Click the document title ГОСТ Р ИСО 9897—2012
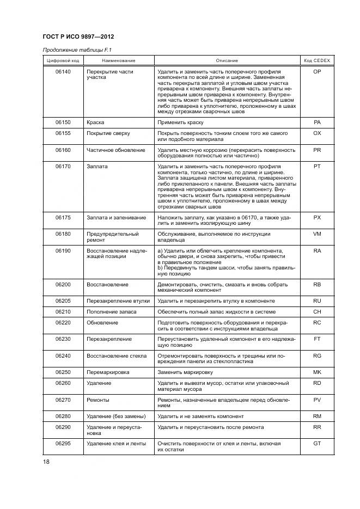(78, 36)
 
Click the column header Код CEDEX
(317, 60)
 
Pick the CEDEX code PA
(317, 123)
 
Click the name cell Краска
(95, 123)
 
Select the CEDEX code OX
(317, 133)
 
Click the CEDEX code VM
(317, 234)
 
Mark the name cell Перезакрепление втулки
(119, 301)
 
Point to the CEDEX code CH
(317, 311)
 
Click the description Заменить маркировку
(185, 372)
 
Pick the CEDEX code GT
(317, 444)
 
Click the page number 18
(46, 462)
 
